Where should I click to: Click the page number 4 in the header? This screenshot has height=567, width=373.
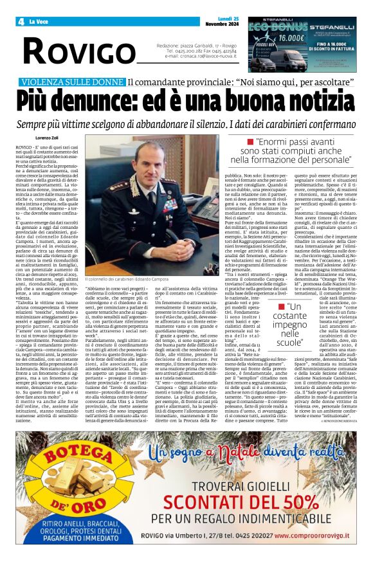click(21, 21)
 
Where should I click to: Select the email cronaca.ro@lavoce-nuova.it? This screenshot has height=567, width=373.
click(199, 56)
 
